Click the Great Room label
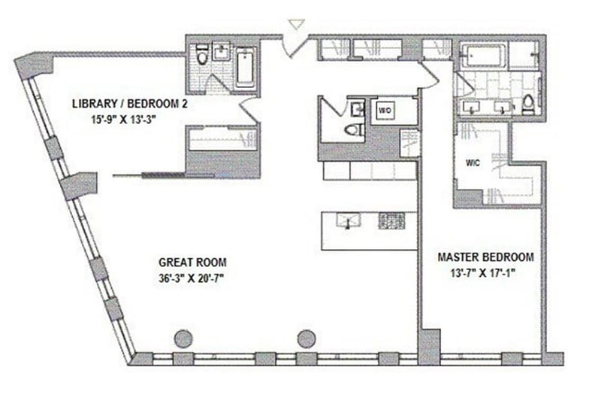[192, 263]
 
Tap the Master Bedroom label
[485, 257]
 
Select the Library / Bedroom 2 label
[130, 104]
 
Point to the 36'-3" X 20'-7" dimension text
[191, 278]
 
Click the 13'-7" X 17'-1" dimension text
[482, 273]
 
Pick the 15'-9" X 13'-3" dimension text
[124, 120]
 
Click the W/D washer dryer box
[385, 111]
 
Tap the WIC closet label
[473, 162]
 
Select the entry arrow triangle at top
[297, 25]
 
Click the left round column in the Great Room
[183, 339]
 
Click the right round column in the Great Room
[307, 339]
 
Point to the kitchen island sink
[348, 220]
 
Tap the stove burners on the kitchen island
[391, 220]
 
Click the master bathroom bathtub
[484, 56]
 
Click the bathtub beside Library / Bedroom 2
[245, 67]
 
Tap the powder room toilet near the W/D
[354, 129]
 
